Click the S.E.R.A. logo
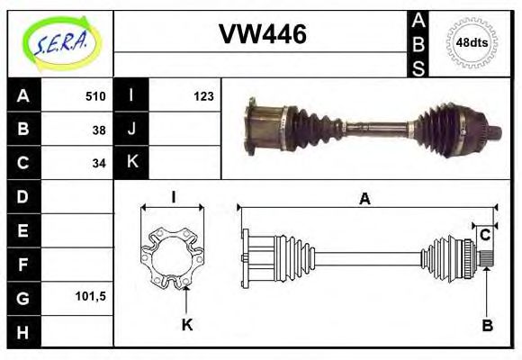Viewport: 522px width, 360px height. (x=60, y=42)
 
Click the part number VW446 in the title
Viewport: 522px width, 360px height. (x=263, y=35)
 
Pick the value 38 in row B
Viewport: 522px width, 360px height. (x=98, y=130)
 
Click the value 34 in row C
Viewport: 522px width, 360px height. (x=98, y=163)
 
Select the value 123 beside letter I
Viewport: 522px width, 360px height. (x=202, y=95)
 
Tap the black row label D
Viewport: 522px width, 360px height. (x=22, y=196)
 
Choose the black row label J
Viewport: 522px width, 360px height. (x=131, y=130)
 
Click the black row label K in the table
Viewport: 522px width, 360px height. (x=131, y=163)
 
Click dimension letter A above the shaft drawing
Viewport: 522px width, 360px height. (x=364, y=199)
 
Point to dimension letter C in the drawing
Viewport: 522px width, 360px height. (x=484, y=235)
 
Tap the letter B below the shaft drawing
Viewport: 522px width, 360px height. (x=487, y=325)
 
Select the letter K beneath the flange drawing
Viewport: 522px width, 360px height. (x=187, y=325)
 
